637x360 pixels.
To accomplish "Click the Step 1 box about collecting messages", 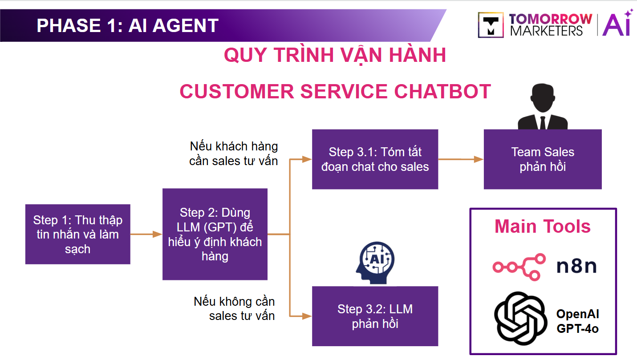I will click(x=77, y=234).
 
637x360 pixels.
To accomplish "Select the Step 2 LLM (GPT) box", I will click(x=215, y=234).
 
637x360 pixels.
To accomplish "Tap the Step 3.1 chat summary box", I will click(x=375, y=159).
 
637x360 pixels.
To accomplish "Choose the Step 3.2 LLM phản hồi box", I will click(x=375, y=316).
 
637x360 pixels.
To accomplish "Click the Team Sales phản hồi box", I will click(x=543, y=159).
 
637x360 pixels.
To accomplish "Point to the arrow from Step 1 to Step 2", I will click(x=146, y=234).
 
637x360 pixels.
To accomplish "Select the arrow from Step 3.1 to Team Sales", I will click(x=461, y=159).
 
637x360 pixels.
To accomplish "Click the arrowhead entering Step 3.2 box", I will click(x=307, y=316).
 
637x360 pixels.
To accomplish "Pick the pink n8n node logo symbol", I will click(x=519, y=267).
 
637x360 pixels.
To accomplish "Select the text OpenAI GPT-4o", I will click(x=577, y=321).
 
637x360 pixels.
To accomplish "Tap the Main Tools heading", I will click(x=543, y=226).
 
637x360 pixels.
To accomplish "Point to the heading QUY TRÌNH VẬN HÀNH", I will click(x=335, y=55).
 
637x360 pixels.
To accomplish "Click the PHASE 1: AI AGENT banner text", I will click(x=127, y=25).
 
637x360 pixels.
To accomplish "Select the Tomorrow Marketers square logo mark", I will click(x=491, y=25).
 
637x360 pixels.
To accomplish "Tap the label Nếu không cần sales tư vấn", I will click(x=235, y=308).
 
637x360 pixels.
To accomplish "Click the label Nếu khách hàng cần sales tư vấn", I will click(x=234, y=153).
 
